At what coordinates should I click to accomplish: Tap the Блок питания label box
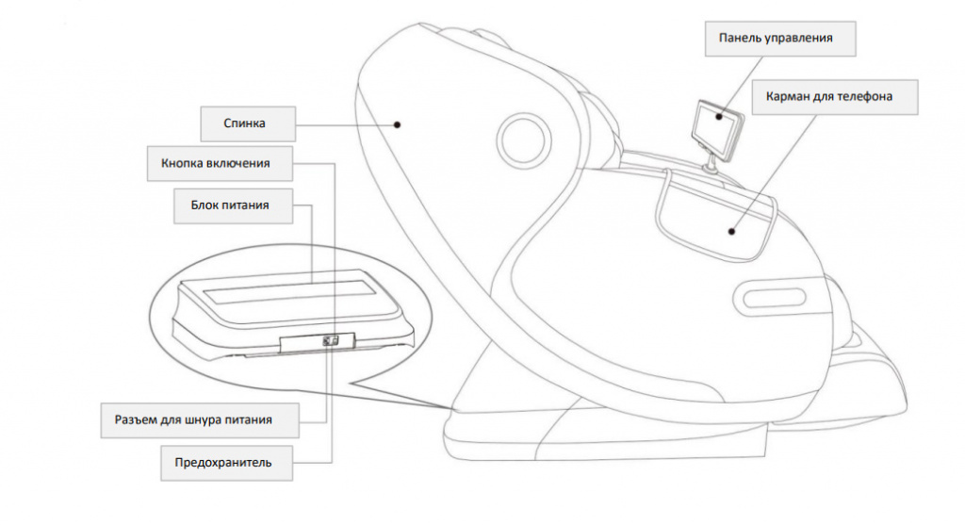231,205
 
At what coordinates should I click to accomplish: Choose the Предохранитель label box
223,462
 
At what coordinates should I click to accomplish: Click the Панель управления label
775,39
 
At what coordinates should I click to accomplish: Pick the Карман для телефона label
829,96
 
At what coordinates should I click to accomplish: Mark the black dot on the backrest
399,123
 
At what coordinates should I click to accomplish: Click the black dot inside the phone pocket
731,228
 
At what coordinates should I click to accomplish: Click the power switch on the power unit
330,341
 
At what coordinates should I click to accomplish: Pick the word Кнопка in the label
183,163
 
